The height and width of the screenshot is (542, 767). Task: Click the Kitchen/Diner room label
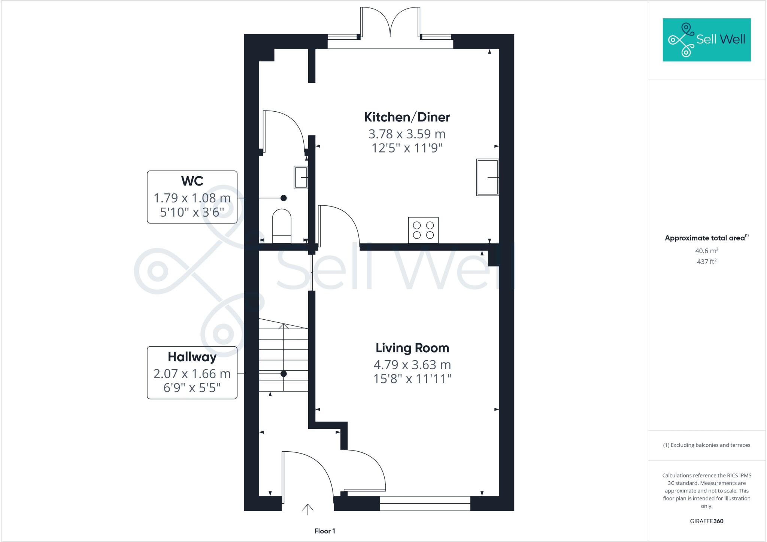pos(407,117)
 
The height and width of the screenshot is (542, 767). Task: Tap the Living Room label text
pos(412,348)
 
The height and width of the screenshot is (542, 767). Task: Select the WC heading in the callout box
pos(192,181)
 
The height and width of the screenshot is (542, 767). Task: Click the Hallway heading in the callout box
pos(192,357)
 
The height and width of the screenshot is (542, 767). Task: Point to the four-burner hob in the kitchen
pos(423,230)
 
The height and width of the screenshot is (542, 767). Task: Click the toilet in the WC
pos(282,226)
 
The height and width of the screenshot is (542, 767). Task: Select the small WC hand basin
pos(301,177)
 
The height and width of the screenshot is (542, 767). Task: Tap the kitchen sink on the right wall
pos(487,177)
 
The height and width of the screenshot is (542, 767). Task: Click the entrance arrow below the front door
pos(308,509)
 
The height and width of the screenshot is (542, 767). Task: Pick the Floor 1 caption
pos(325,531)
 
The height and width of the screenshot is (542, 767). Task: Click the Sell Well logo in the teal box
pos(706,40)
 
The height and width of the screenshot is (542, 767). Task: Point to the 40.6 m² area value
pos(706,251)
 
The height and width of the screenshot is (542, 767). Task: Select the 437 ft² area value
pos(706,262)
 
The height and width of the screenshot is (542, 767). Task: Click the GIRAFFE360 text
pos(706,521)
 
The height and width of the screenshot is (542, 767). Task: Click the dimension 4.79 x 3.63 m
pos(412,365)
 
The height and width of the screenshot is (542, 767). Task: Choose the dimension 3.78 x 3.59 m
pos(407,134)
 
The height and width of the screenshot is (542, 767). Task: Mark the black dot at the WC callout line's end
pos(284,198)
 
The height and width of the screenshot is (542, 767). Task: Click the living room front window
pos(425,503)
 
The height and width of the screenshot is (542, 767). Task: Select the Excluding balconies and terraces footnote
pos(706,445)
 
